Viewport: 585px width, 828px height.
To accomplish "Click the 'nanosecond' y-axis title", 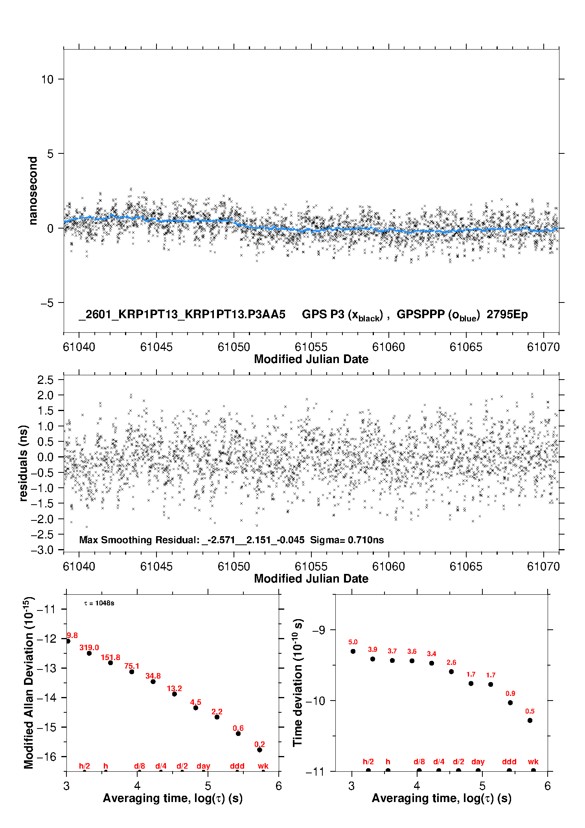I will [x=33, y=191].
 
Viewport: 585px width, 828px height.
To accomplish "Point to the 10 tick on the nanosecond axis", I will [x=47, y=79].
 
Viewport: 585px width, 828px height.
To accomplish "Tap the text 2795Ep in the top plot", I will [x=507, y=314].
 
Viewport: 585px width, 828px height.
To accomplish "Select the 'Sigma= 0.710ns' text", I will [x=347, y=540].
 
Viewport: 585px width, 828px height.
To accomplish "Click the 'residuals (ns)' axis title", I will [x=24, y=463].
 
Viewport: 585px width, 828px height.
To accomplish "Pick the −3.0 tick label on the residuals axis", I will [x=44, y=550].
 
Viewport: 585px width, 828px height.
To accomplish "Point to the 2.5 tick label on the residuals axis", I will [x=45, y=380].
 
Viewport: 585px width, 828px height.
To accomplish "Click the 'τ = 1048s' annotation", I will [x=99, y=603].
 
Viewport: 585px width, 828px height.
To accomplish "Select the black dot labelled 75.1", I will [x=132, y=671].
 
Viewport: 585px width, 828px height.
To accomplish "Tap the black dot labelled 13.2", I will [x=175, y=694].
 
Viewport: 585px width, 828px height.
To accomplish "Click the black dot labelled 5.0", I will [x=353, y=651].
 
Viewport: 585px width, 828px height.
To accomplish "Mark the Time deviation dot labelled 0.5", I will [x=530, y=720].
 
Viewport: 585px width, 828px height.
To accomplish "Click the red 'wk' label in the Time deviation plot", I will [x=533, y=762].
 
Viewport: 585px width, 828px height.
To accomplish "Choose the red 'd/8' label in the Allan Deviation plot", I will [x=140, y=766].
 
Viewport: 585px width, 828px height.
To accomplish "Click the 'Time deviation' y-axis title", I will [x=298, y=682].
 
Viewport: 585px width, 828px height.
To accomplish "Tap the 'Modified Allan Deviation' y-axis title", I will [x=28, y=682].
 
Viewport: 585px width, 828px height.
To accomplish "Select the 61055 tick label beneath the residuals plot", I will [x=311, y=566].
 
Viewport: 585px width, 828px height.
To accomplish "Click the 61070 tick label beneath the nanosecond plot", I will [x=543, y=347].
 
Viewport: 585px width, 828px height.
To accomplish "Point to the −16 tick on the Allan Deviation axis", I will [x=46, y=756].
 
